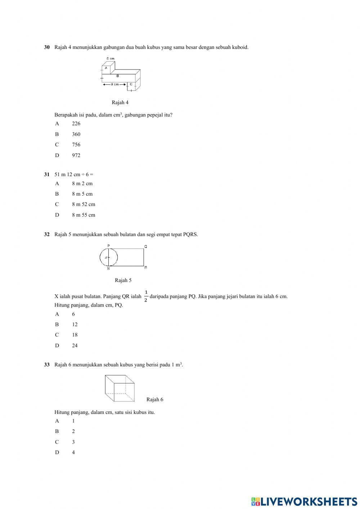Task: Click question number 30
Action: click(x=47, y=47)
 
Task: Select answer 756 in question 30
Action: click(x=76, y=145)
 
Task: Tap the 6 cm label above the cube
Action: click(x=110, y=58)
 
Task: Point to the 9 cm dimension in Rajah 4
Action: click(x=114, y=84)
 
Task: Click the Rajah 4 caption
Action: click(x=120, y=103)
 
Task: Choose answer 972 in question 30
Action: click(x=76, y=156)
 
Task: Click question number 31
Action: click(x=47, y=175)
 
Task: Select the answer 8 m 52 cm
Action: click(x=84, y=204)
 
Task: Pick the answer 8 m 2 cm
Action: click(x=82, y=183)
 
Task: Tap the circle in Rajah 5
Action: click(x=109, y=258)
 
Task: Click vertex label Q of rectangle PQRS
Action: click(x=146, y=247)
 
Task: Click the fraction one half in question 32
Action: click(x=146, y=296)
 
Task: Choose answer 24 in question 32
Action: click(x=75, y=345)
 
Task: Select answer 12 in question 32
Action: click(x=75, y=325)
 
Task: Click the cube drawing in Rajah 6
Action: click(x=120, y=388)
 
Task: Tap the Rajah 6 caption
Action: click(x=155, y=399)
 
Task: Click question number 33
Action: click(x=47, y=365)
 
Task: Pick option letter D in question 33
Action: click(x=57, y=452)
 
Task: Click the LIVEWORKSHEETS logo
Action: click(x=304, y=501)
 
